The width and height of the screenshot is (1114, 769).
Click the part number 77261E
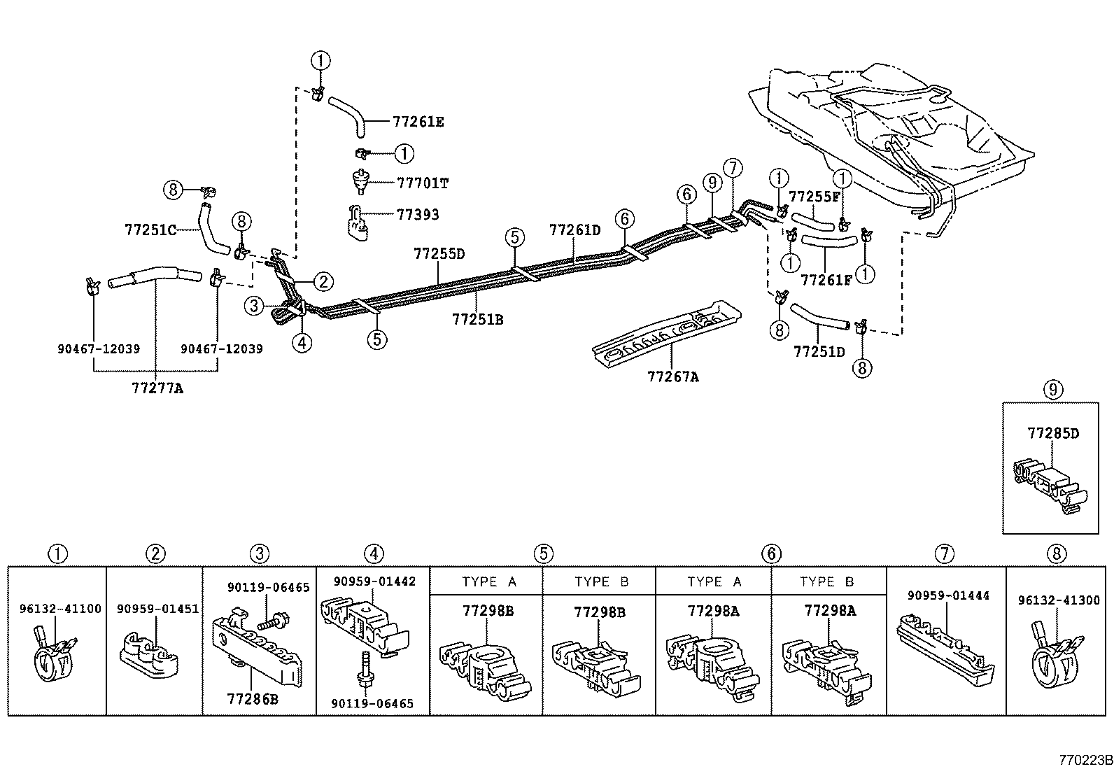[418, 122]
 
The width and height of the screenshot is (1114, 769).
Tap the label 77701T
[422, 183]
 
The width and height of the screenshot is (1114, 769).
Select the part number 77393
[418, 214]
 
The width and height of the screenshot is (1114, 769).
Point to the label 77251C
[150, 229]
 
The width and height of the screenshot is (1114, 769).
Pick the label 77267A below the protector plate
[672, 376]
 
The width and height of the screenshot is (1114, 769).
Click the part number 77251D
[819, 351]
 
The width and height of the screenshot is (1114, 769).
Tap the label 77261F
[826, 281]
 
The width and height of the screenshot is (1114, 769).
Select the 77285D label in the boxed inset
[1053, 433]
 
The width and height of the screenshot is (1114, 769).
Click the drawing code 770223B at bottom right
[1085, 760]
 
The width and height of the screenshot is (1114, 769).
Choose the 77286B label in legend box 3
[253, 698]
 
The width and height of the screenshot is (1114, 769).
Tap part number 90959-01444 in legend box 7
[948, 595]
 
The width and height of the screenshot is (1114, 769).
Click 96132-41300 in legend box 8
[1059, 600]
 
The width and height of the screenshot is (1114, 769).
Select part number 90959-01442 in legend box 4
[374, 581]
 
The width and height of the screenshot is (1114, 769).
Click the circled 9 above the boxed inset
[1053, 390]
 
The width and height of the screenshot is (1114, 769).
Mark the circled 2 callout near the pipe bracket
[323, 282]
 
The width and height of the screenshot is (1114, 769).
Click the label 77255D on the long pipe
[439, 254]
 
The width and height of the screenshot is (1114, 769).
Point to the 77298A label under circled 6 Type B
[830, 612]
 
